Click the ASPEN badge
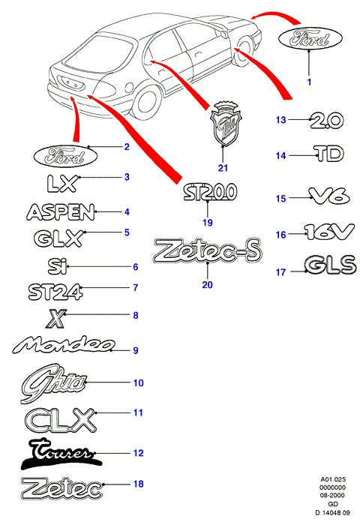click(x=61, y=212)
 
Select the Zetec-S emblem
click(x=208, y=250)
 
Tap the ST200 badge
click(x=210, y=192)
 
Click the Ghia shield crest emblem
click(x=226, y=124)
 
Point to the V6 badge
click(x=329, y=196)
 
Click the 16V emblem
click(x=329, y=232)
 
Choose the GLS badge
click(x=330, y=265)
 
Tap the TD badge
click(x=328, y=154)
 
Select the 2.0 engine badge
click(x=326, y=121)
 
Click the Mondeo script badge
click(x=64, y=345)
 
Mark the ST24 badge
click(x=55, y=292)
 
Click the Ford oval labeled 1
click(x=310, y=38)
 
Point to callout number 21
click(x=223, y=168)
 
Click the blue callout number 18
click(x=138, y=484)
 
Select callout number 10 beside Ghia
click(x=138, y=382)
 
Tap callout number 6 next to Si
click(x=136, y=267)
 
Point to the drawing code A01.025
click(x=333, y=479)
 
